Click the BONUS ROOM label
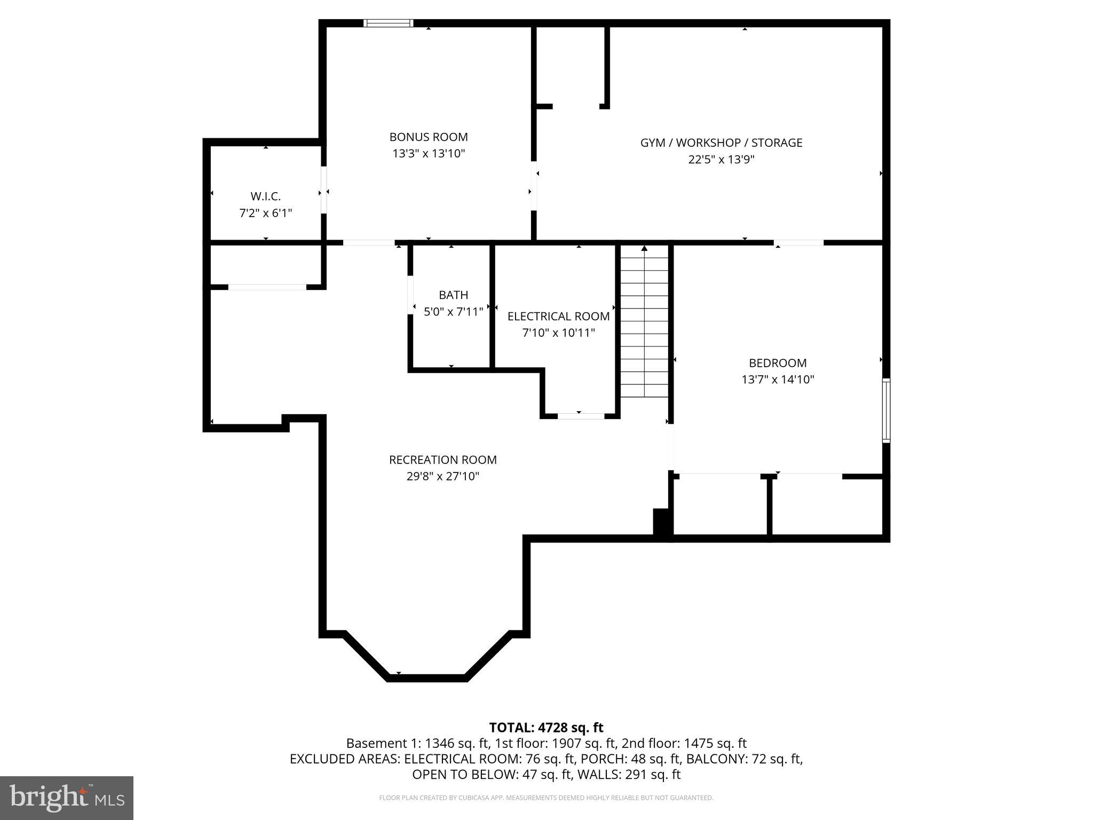click(428, 137)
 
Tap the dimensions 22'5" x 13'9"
click(721, 159)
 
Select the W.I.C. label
click(265, 196)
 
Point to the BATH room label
click(453, 295)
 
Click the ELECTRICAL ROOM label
click(558, 316)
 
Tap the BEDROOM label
click(778, 363)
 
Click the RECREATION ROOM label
click(442, 460)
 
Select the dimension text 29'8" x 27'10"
click(442, 476)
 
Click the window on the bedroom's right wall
click(886, 410)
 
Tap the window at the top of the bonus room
click(389, 23)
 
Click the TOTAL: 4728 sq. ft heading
click(546, 727)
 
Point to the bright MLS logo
click(67, 798)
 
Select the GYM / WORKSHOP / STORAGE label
click(721, 143)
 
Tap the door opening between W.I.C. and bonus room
click(323, 191)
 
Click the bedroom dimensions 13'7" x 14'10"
click(778, 380)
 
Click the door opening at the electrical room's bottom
click(581, 416)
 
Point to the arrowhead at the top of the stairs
click(644, 248)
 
